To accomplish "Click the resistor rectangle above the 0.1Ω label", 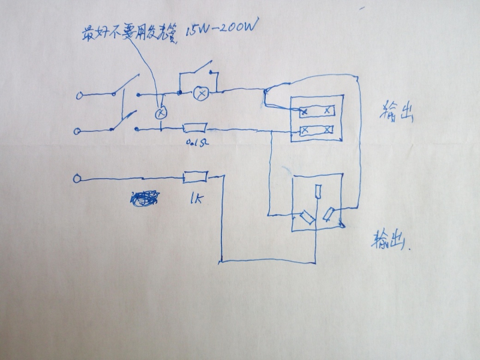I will pyautogui.click(x=194, y=127).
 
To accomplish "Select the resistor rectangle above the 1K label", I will pyautogui.click(x=195, y=177).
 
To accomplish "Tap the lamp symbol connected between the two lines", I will pyautogui.click(x=160, y=112).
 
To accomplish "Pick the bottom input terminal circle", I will pyautogui.click(x=76, y=178).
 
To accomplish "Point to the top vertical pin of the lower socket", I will pyautogui.click(x=318, y=192).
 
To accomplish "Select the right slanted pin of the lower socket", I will pyautogui.click(x=329, y=214).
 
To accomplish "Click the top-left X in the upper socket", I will pyautogui.click(x=304, y=112).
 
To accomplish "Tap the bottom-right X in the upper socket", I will pyautogui.click(x=327, y=130).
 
